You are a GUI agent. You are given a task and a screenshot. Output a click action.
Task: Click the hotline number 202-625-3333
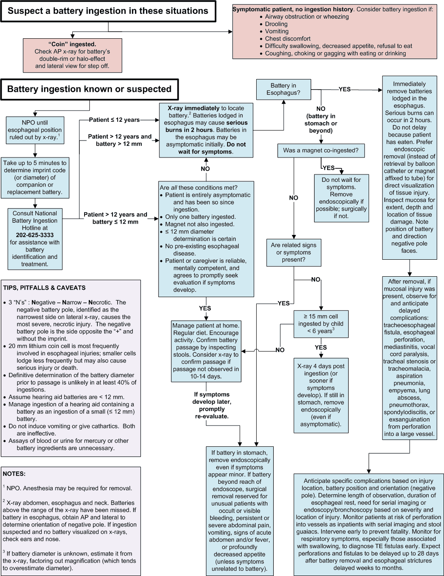pyautogui.click(x=35, y=235)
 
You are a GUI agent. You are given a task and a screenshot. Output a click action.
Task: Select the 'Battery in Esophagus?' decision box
pyautogui.click(x=284, y=89)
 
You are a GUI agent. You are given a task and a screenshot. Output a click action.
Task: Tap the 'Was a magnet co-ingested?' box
pyautogui.click(x=321, y=151)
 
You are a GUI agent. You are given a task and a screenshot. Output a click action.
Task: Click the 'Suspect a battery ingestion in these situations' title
pyautogui.click(x=108, y=11)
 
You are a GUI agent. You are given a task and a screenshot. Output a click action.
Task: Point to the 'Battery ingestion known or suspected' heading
pyautogui.click(x=89, y=89)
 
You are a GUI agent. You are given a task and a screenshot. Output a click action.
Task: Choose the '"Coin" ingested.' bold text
pyautogui.click(x=72, y=44)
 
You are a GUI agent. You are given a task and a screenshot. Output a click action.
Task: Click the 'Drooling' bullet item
pyautogui.click(x=276, y=24)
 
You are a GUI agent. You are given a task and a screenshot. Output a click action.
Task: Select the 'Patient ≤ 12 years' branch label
pyautogui.click(x=115, y=120)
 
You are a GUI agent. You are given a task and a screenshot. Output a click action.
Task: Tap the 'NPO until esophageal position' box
pyautogui.click(x=35, y=130)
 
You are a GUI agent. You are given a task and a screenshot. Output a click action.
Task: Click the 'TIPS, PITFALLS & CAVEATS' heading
pyautogui.click(x=44, y=288)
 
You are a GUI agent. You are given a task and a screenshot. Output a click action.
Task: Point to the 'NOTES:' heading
pyautogui.click(x=14, y=474)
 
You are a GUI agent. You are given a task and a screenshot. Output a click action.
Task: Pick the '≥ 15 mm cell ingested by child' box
pyautogui.click(x=321, y=324)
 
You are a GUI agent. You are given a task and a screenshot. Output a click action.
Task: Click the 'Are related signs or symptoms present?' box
pyautogui.click(x=294, y=253)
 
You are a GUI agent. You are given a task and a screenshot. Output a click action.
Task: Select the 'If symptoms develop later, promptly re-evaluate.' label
pyautogui.click(x=212, y=405)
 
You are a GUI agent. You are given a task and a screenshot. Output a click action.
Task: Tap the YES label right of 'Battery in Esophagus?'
pyautogui.click(x=345, y=90)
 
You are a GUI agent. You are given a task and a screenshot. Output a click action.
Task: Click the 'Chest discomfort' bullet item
pyautogui.click(x=288, y=39)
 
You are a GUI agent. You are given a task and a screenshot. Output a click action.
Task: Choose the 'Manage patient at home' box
pyautogui.click(x=206, y=351)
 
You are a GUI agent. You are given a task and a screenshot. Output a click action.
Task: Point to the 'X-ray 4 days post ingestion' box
pyautogui.click(x=321, y=395)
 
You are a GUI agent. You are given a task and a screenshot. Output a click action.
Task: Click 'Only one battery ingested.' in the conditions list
pyautogui.click(x=200, y=217)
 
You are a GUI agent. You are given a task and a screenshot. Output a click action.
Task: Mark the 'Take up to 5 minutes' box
pyautogui.click(x=35, y=177)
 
